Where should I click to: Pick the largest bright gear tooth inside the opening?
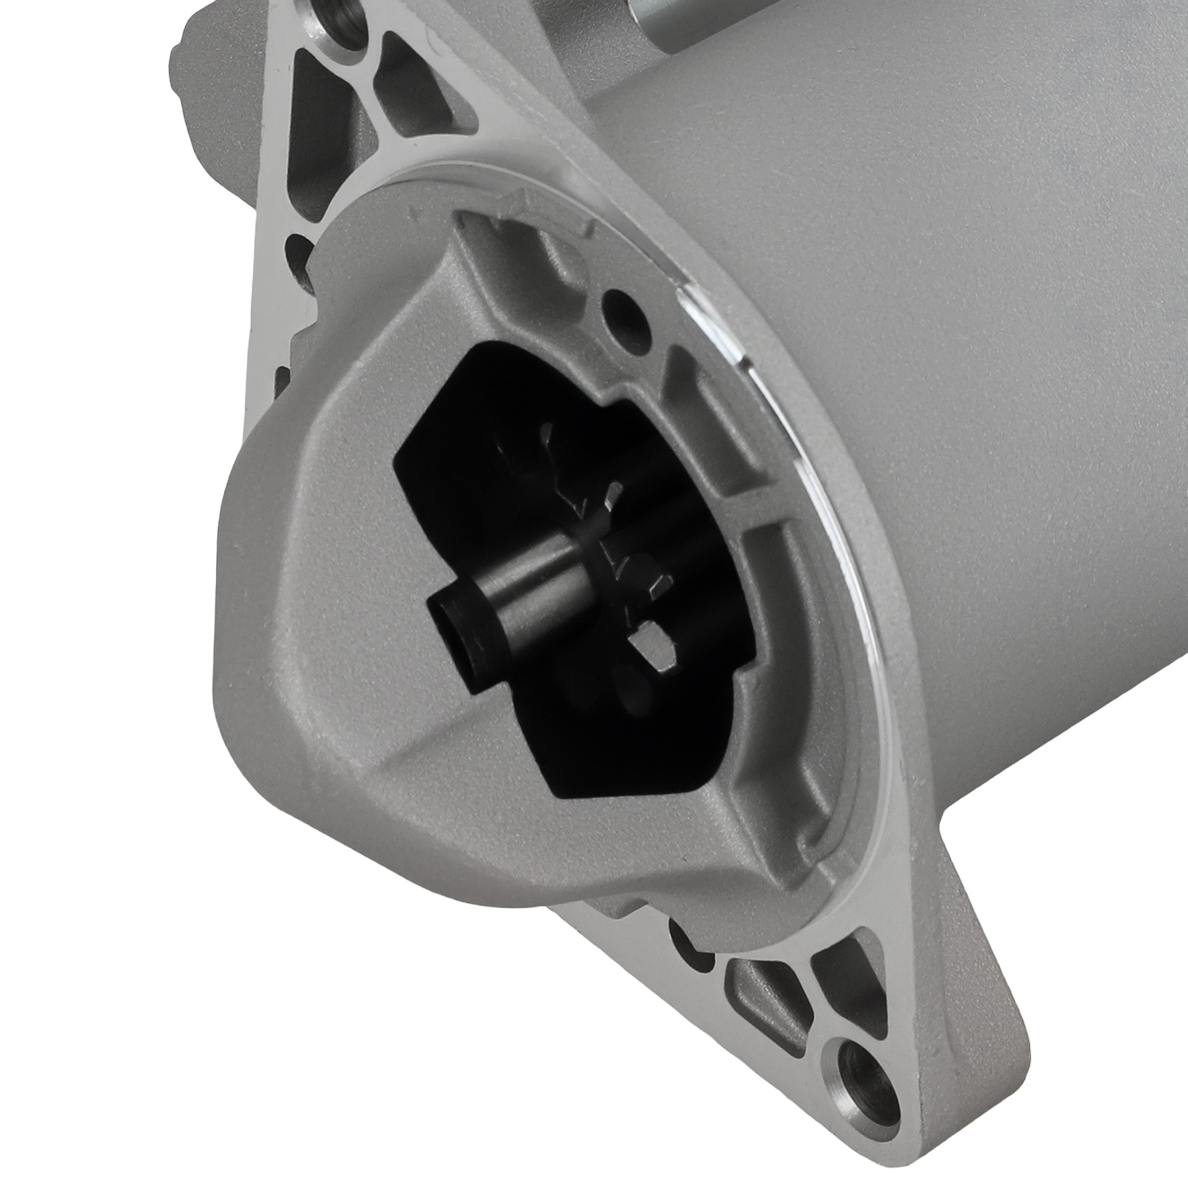654,646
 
